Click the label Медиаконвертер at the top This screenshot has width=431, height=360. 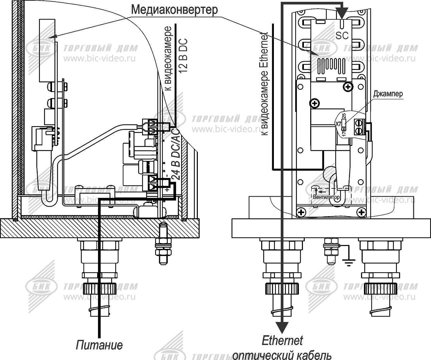click(174, 10)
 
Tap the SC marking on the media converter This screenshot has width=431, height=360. click(342, 35)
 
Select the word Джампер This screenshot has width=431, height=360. click(388, 94)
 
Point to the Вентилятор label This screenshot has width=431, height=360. click(326, 197)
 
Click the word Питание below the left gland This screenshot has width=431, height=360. click(99, 345)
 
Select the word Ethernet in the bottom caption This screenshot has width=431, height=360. click(282, 341)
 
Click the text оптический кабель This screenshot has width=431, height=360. click(282, 355)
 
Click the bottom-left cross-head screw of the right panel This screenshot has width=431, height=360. click(301, 212)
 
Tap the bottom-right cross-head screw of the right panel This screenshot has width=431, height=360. click(361, 212)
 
